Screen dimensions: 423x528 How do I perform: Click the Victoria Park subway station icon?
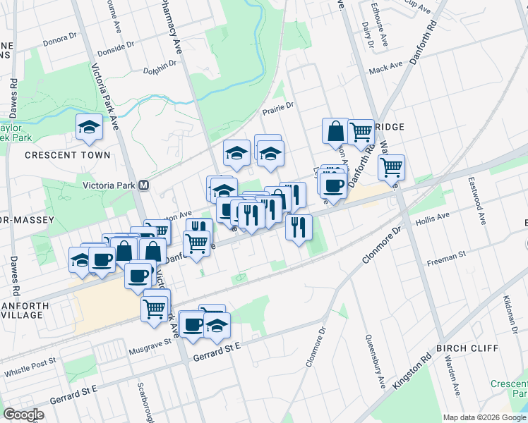144,185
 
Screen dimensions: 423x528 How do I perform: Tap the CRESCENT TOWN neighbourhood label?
68,155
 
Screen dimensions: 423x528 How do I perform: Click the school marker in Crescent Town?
90,127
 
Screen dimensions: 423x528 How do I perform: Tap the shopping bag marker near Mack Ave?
335,131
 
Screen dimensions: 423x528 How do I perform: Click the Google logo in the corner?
23,415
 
